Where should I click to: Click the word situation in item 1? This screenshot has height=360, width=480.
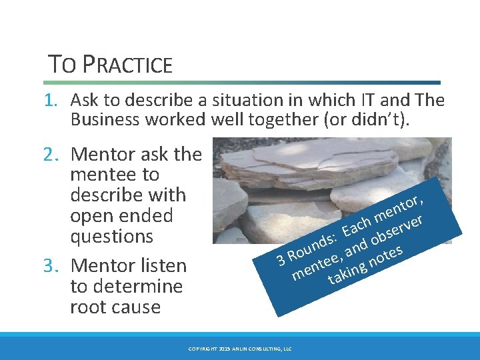224,101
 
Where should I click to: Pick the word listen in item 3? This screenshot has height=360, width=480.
161,266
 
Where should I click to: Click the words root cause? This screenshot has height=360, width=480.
115,307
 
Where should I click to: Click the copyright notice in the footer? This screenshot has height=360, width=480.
240,349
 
